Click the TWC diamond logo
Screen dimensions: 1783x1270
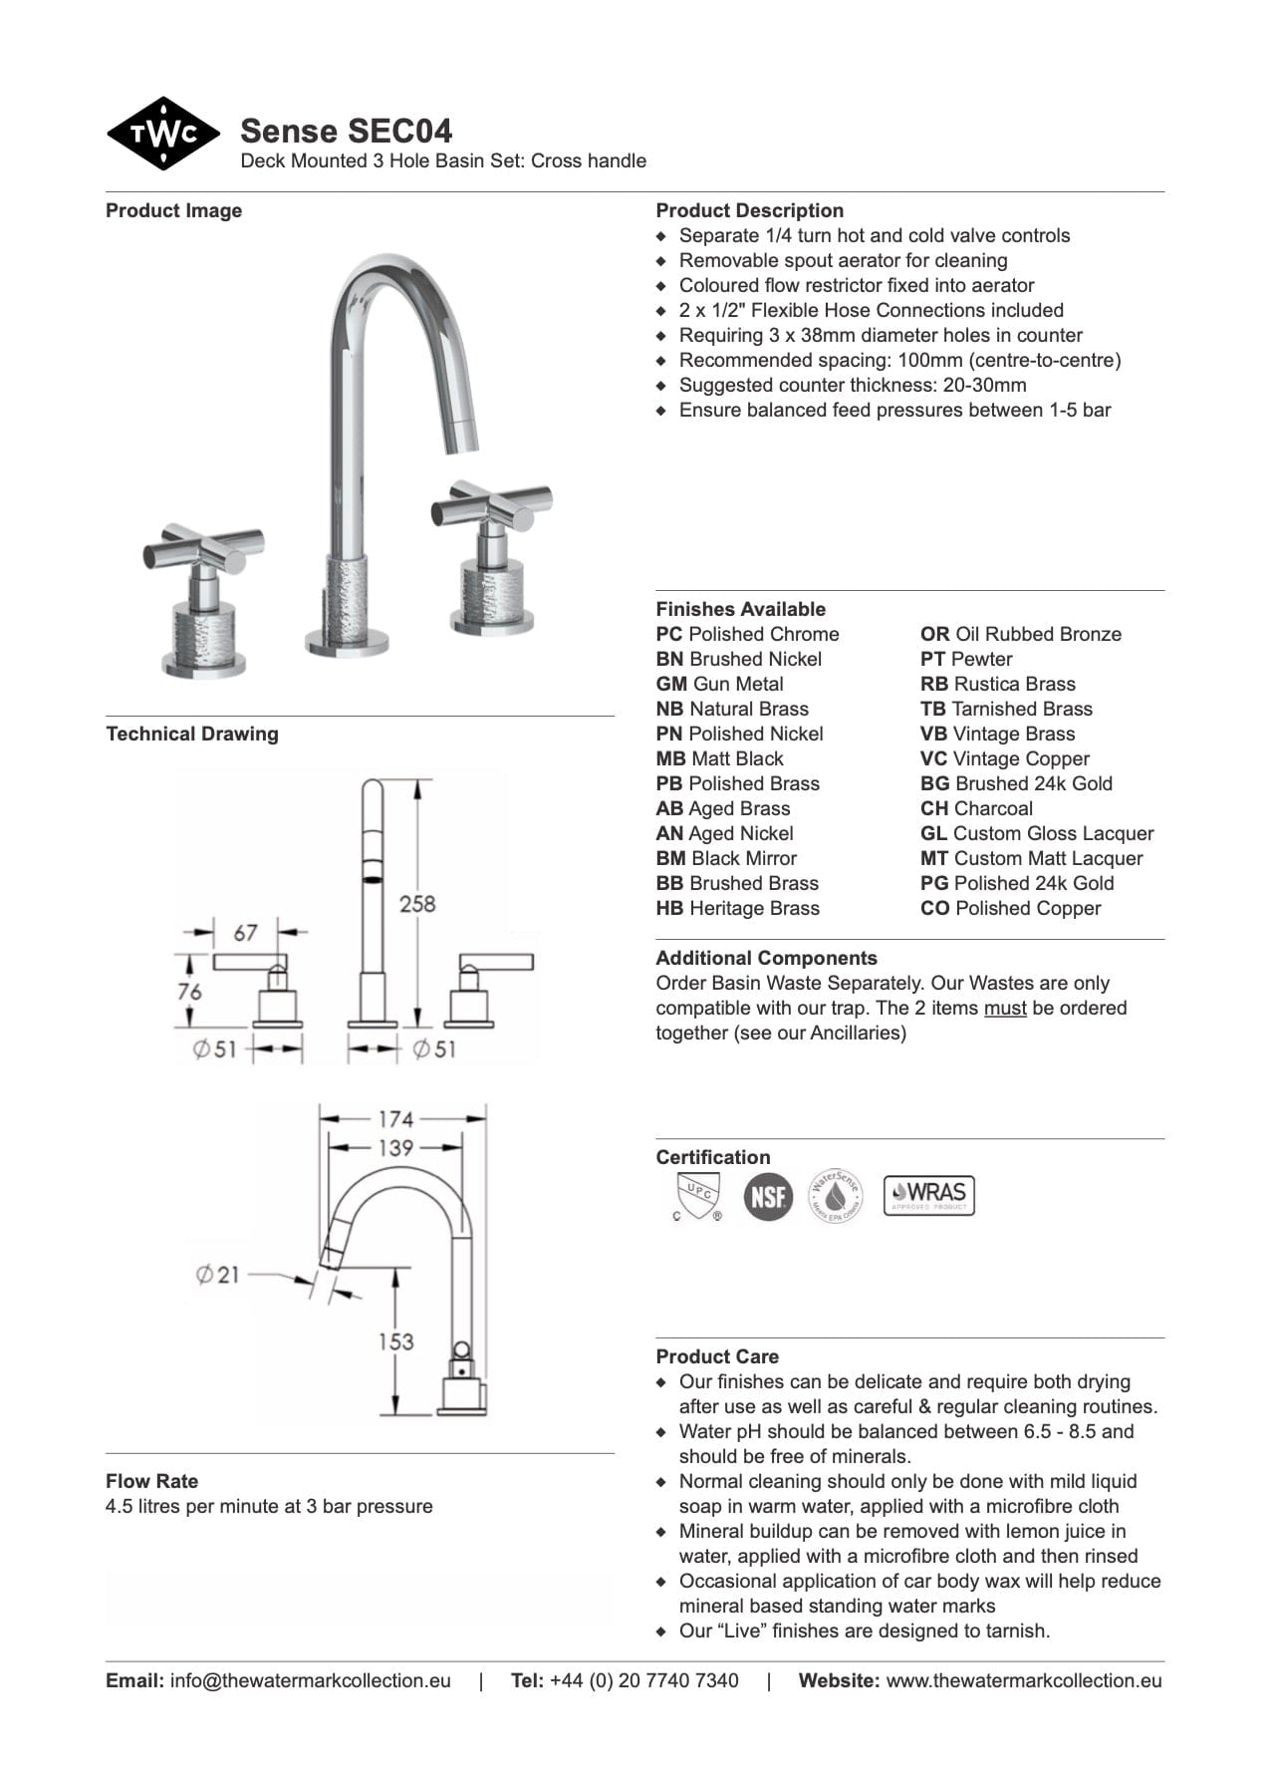point(162,134)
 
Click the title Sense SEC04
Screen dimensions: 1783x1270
point(346,131)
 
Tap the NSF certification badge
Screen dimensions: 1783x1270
point(768,1195)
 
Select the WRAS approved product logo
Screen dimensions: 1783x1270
point(928,1195)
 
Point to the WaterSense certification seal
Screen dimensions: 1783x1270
point(835,1195)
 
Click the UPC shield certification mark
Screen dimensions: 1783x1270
point(696,1195)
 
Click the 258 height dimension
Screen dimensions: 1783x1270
point(417,904)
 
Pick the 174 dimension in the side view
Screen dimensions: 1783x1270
point(395,1119)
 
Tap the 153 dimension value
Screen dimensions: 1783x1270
point(395,1341)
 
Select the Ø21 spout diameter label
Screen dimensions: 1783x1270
point(218,1275)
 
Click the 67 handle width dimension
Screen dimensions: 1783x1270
point(245,933)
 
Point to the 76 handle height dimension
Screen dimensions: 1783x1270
point(189,992)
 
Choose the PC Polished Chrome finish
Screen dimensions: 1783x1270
point(747,635)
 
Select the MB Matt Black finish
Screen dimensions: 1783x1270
point(719,759)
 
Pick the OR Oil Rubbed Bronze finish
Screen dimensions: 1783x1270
point(1020,635)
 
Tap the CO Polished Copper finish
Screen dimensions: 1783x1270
point(1010,909)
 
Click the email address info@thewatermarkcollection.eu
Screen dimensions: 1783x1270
point(310,1681)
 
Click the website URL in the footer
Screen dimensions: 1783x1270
point(1024,1681)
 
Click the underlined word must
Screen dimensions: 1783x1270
point(1004,1009)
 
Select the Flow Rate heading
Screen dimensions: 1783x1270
point(151,1481)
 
